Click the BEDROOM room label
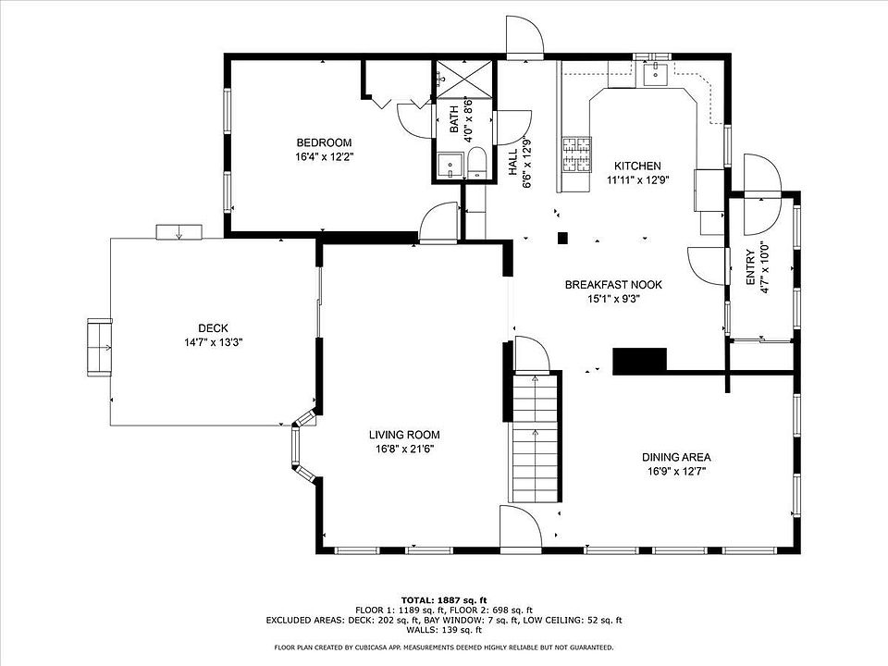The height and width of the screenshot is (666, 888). [324, 142]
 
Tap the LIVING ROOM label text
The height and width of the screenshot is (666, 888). [404, 435]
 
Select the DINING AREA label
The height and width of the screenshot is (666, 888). [676, 457]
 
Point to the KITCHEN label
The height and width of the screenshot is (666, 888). [637, 166]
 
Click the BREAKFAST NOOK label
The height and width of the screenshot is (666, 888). [613, 284]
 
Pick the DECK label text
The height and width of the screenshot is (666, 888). [213, 327]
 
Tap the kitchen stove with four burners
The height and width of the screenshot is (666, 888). [576, 154]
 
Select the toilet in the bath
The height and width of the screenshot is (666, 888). [477, 163]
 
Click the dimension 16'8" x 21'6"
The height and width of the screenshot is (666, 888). [404, 450]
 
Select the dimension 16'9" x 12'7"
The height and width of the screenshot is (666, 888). [676, 471]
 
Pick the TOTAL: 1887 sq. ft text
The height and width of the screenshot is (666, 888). [444, 600]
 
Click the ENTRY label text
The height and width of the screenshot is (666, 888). [750, 267]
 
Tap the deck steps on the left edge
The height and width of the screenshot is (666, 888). [100, 347]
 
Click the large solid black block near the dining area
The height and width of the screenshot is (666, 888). [640, 362]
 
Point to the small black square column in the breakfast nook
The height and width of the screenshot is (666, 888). [563, 238]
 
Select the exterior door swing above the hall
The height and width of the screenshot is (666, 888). [525, 37]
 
